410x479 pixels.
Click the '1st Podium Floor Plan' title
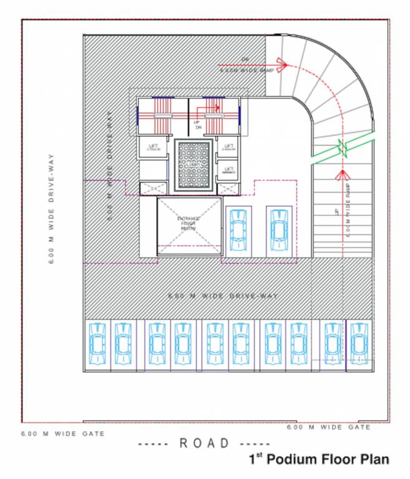tap(319, 460)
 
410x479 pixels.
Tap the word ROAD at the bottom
tap(205, 443)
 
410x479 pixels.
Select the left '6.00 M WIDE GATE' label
tap(63, 433)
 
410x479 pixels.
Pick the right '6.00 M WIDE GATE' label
tap(328, 427)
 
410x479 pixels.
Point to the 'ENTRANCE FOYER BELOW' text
tap(188, 224)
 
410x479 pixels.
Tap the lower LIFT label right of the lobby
tap(229, 170)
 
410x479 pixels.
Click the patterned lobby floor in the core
tap(192, 163)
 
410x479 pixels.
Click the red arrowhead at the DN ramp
tap(281, 64)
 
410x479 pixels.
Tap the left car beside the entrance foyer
tap(238, 229)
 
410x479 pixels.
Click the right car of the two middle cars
tap(279, 229)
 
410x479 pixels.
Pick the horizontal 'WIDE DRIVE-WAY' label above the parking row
tap(223, 296)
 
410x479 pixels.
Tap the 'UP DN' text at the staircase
tap(198, 124)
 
